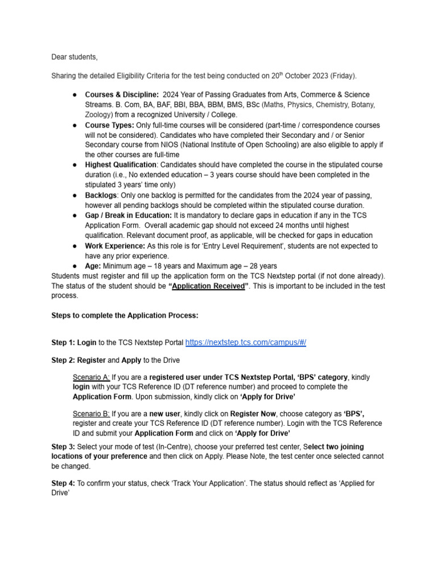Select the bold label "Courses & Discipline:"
click(x=122, y=95)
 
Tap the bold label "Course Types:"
click(x=110, y=125)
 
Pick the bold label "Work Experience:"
click(x=116, y=246)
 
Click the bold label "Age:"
click(x=93, y=266)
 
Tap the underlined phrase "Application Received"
click(x=209, y=286)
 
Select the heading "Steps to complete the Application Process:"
click(x=125, y=315)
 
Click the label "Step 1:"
click(x=63, y=343)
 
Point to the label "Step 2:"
click(x=63, y=360)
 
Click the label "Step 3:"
click(x=63, y=447)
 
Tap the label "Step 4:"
click(x=63, y=483)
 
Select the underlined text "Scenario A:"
click(x=91, y=377)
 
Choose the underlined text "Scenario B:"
click(x=91, y=414)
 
